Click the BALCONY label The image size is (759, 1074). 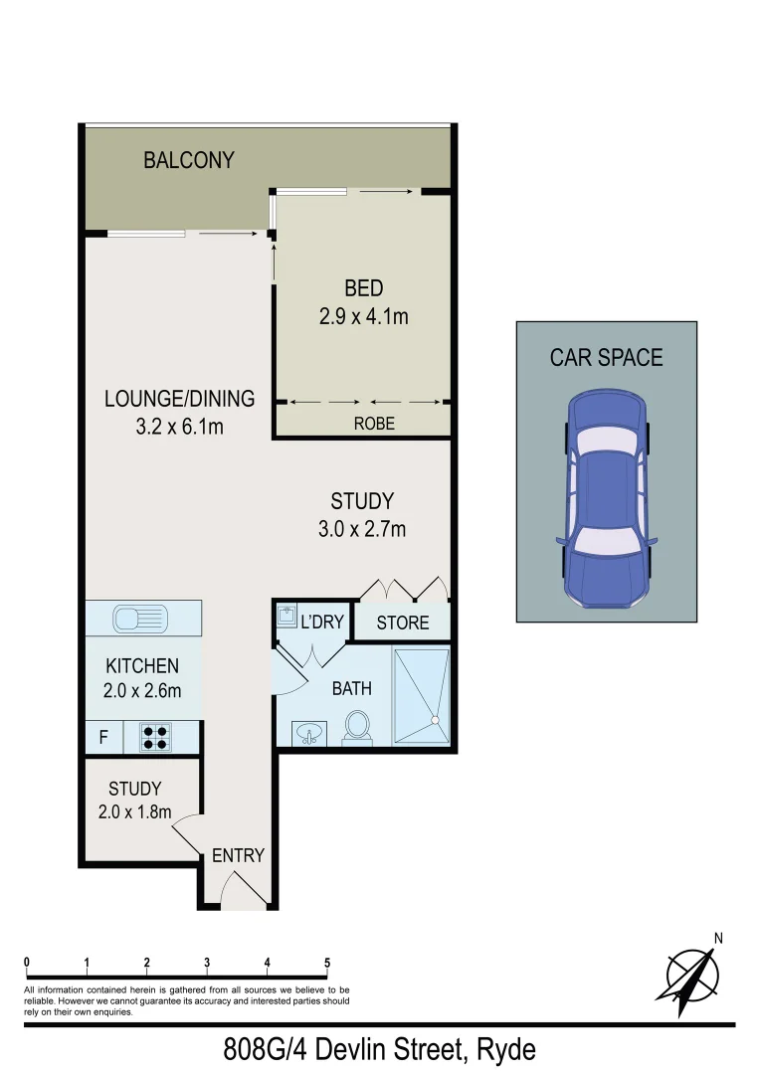(x=189, y=160)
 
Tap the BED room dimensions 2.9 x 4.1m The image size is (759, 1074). (x=363, y=317)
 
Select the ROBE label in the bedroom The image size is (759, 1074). (x=374, y=423)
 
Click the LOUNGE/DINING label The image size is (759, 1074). (x=180, y=399)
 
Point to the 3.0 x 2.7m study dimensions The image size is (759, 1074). (x=362, y=529)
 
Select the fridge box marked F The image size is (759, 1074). (x=102, y=738)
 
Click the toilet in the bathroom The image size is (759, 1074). (x=357, y=726)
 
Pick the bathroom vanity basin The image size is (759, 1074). (x=310, y=734)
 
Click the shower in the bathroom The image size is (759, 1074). (x=422, y=695)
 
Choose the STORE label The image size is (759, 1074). (x=403, y=623)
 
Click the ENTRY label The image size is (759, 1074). (x=239, y=855)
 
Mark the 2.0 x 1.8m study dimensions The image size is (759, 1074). (x=135, y=811)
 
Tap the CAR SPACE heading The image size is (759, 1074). (x=606, y=357)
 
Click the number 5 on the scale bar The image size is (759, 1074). (x=327, y=962)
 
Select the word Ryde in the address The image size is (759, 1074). (x=506, y=1049)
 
